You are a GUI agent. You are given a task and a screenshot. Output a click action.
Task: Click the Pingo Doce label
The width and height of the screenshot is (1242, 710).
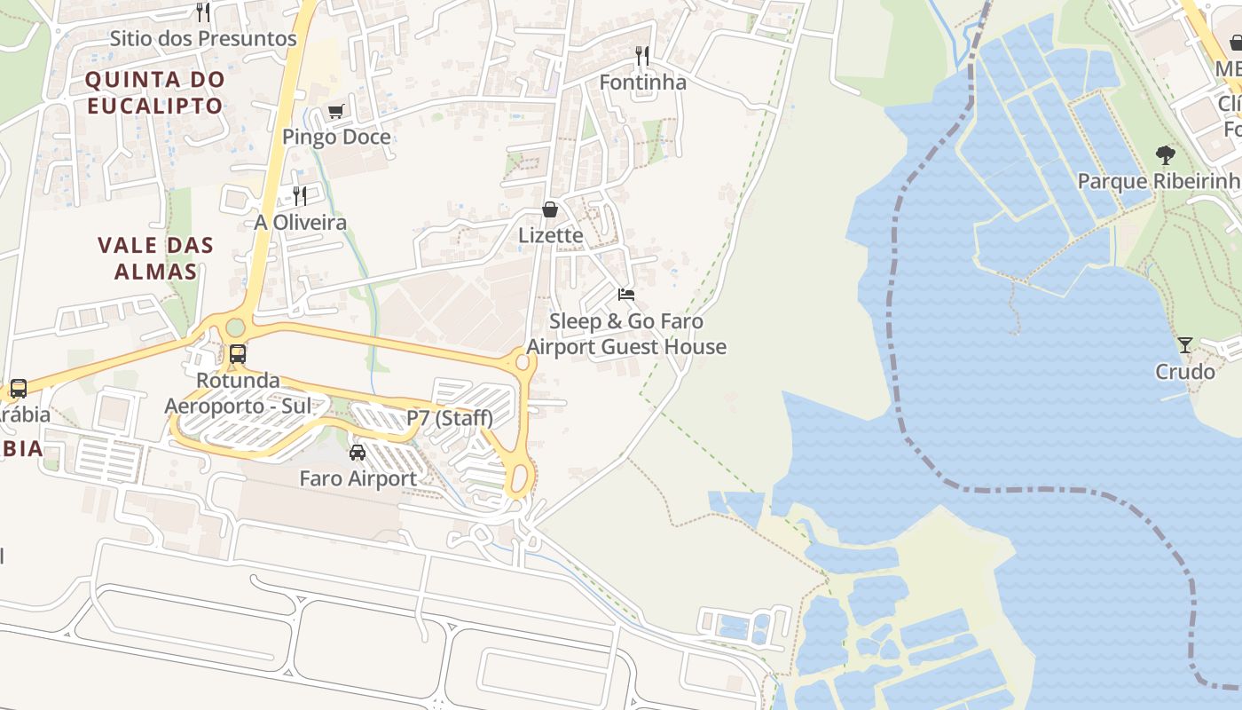tap(336, 137)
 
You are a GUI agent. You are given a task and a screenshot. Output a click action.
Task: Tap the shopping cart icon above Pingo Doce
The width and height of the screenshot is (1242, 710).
tap(335, 112)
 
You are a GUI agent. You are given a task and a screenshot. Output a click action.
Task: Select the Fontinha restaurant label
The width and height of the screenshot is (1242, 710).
tap(643, 83)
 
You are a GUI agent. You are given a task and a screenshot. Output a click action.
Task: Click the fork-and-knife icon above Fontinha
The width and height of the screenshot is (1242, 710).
tap(642, 57)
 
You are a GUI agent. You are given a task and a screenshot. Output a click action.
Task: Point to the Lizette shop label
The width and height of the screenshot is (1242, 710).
tap(551, 235)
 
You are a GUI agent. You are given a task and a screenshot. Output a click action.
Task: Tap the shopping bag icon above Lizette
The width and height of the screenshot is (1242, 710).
tap(550, 209)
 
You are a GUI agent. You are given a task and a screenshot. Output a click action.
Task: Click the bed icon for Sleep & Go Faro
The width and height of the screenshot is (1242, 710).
tap(626, 295)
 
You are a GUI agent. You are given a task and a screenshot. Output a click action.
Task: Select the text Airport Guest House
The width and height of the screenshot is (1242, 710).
tap(626, 347)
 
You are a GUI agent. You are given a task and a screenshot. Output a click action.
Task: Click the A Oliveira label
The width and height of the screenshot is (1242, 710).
tap(301, 222)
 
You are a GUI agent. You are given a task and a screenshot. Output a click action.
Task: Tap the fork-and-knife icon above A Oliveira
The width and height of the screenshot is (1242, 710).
tap(300, 196)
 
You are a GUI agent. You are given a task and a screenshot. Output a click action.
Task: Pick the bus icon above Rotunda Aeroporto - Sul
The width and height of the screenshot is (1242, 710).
tap(238, 354)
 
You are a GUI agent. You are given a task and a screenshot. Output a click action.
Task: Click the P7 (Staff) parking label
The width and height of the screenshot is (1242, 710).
tap(450, 417)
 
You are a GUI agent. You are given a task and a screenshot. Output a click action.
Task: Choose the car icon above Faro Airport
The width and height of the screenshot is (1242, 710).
tap(358, 453)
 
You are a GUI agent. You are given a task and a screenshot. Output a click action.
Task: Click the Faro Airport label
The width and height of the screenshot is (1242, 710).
tap(358, 478)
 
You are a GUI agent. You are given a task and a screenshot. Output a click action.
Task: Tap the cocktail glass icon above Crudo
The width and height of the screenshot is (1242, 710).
tap(1185, 345)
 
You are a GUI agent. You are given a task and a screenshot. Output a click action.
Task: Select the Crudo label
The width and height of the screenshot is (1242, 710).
tap(1185, 371)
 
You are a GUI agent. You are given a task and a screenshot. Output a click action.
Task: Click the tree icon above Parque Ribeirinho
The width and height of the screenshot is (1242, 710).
tap(1166, 155)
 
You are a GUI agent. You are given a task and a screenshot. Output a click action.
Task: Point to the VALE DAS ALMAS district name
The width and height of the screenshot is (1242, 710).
tap(155, 258)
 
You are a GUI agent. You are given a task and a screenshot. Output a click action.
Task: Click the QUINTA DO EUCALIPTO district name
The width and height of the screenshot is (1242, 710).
tap(155, 92)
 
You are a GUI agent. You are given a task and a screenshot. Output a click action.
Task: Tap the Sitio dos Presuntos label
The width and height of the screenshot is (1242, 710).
tap(203, 38)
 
